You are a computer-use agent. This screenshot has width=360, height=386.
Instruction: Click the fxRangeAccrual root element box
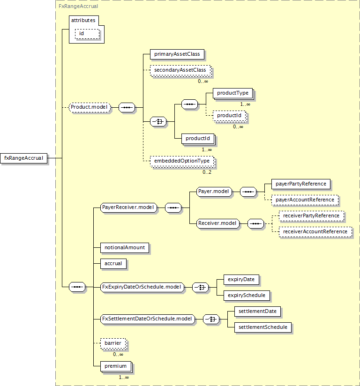coord(23,158)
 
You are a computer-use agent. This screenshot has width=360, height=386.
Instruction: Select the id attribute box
coord(87,34)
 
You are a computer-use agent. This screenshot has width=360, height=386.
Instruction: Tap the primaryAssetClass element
coord(177,54)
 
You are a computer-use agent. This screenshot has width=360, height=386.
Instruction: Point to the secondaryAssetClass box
coord(180,70)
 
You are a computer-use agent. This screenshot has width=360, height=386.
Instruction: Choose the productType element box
coord(233,93)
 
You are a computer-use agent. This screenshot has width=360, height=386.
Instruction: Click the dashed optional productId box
coord(229,115)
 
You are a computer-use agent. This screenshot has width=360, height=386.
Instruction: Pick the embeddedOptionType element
coord(182,161)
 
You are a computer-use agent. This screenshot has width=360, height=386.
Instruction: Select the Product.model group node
coord(90,107)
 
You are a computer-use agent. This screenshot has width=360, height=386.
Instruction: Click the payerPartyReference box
coord(301,184)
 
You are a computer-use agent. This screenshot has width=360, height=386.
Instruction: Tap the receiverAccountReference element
coord(315,232)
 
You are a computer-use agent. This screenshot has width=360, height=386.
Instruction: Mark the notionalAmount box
coord(125,248)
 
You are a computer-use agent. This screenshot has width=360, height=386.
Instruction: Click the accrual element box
coord(113,264)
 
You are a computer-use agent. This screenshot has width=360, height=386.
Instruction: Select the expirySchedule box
coord(247,296)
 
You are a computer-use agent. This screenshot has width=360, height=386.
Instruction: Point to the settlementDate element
coord(257,312)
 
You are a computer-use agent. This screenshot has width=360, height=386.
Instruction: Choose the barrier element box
coord(113,343)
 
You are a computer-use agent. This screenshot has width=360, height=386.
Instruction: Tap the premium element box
coord(116,366)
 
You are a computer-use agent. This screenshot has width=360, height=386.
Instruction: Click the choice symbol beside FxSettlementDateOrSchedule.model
coord(211,319)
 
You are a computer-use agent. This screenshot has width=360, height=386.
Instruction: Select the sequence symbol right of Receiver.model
coord(255,224)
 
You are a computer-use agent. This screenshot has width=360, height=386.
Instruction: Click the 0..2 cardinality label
coord(207,172)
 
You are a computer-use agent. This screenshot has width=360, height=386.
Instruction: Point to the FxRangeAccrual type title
coord(78,7)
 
